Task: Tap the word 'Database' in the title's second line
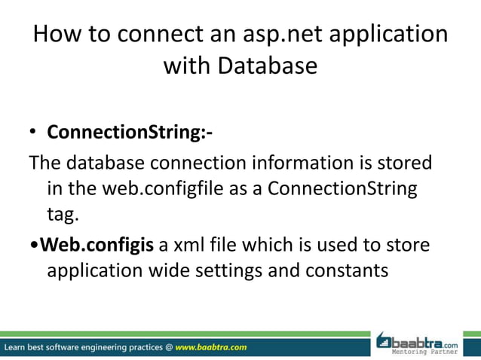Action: pos(267,66)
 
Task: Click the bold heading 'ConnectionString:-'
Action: pos(130,133)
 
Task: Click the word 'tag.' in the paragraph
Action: pos(63,215)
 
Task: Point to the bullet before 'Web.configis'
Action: pos(34,245)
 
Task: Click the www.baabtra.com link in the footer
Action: pos(211,347)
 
